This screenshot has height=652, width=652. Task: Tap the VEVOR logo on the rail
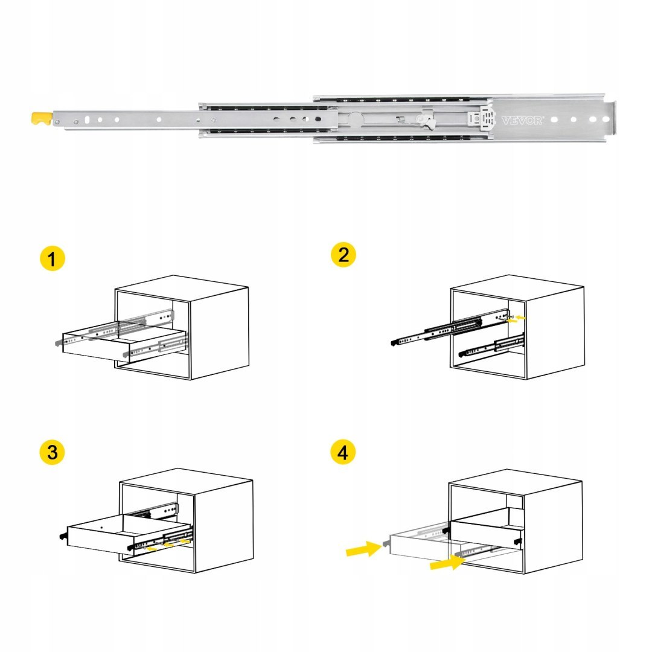pos(522,121)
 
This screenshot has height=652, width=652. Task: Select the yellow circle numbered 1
pos(53,258)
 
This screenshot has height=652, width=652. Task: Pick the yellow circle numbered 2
pos(344,255)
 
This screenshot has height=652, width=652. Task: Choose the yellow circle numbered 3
pos(53,452)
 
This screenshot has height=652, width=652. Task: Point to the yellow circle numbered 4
pos(343,452)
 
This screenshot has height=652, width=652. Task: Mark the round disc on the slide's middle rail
pos(356,120)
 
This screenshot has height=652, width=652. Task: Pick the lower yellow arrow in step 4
pos(447,563)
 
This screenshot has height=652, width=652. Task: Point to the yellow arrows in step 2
pos(516,319)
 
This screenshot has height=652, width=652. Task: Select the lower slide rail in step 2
pos(491,347)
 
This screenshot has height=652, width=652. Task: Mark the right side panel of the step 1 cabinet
pos(220,333)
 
